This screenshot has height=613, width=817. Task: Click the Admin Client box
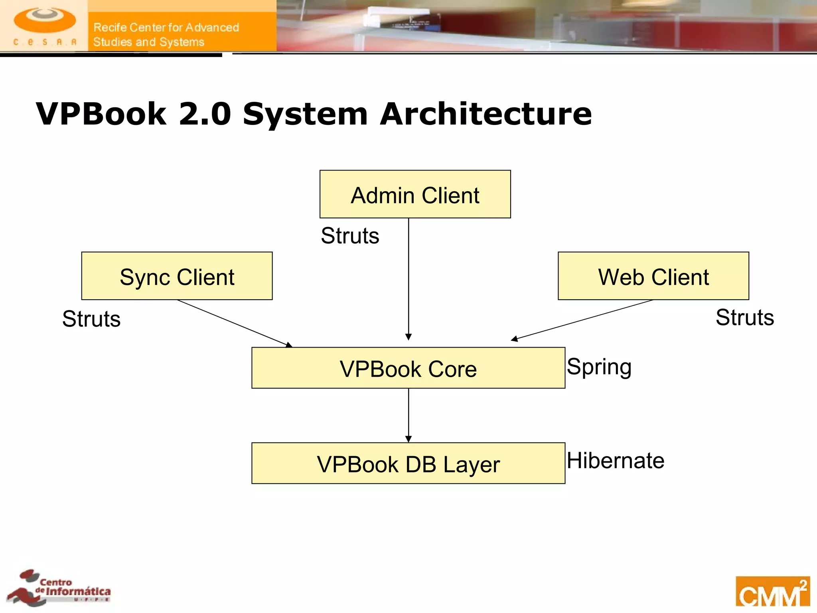pos(415,194)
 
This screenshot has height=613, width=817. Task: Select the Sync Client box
pos(177,276)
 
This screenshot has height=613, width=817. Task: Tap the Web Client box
pos(653,276)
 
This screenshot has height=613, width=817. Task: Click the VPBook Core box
pos(408,368)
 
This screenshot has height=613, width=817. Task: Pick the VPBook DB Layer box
pos(408,463)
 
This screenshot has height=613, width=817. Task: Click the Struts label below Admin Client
pos(350,235)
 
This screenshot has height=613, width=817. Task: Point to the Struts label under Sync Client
pos(91,319)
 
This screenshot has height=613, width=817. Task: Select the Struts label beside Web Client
pos(744,318)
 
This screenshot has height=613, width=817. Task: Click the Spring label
pos(599,367)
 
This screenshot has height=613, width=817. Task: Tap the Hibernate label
pos(616,461)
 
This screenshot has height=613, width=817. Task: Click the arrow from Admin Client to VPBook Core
pos(408,279)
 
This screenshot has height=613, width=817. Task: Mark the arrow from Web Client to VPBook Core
pos(582,320)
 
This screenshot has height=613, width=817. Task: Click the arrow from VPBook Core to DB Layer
pos(408,415)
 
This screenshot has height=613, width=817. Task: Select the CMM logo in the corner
pos(772,591)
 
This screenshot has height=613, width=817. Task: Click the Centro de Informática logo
pos(60,588)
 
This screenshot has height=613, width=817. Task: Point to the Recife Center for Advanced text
pos(166,28)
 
